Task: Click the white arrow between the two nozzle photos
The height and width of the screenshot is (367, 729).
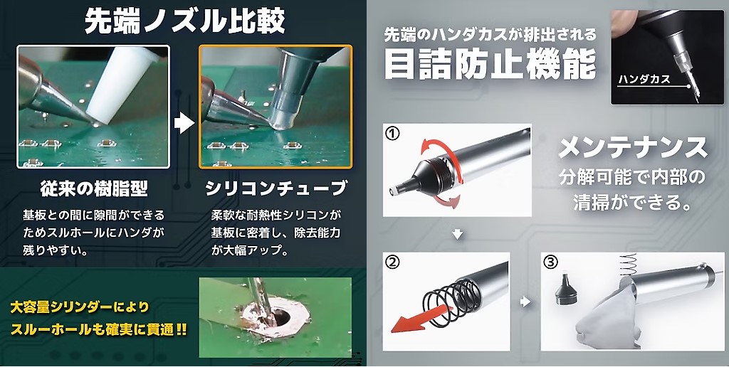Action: pos(184,124)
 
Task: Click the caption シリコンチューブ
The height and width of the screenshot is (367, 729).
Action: pos(276,188)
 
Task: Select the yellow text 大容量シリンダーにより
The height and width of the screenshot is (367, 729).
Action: pos(80,307)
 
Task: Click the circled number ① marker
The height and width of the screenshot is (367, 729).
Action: pos(393,134)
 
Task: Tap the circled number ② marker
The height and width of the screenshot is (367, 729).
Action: pos(393,262)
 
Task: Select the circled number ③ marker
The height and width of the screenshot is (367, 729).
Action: pos(550,262)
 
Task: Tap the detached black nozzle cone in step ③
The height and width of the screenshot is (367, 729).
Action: pos(565,289)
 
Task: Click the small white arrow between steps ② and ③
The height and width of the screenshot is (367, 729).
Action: pos(525,302)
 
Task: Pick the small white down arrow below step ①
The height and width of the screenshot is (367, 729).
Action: pos(458,234)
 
